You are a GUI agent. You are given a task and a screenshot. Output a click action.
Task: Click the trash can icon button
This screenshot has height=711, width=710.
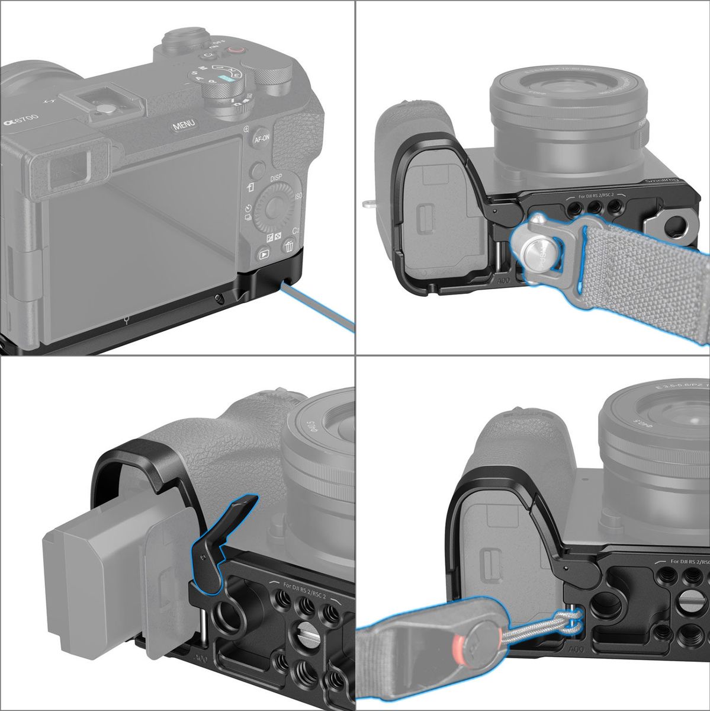pyautogui.click(x=289, y=246)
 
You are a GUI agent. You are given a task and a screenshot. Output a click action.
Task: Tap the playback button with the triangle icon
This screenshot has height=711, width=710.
pyautogui.click(x=264, y=254)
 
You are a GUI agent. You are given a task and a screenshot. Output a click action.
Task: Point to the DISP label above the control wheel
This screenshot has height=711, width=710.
pyautogui.click(x=275, y=178)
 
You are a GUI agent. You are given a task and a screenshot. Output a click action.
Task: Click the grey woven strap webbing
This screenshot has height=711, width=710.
pyautogui.click(x=651, y=284)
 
